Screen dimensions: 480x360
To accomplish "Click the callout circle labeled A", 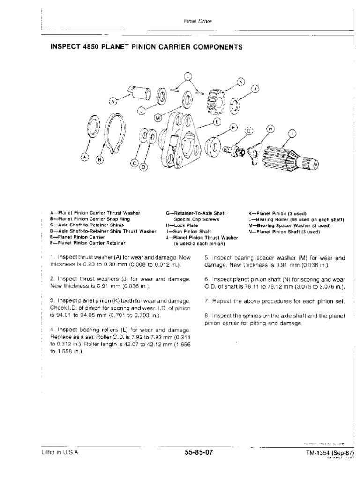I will click(84, 157).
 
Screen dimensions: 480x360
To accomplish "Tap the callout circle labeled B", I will click(99, 160).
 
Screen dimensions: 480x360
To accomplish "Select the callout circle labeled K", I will click(241, 82).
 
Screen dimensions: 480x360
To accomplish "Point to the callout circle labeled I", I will click(293, 134).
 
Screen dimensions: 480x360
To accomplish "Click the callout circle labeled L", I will click(187, 76).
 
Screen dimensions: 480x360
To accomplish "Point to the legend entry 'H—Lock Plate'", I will click(179, 225).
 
